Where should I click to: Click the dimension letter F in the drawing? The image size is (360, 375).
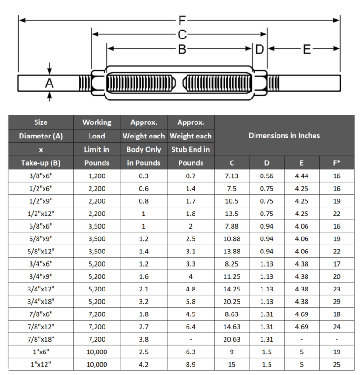click(182, 20)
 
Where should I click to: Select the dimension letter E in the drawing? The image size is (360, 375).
click(307, 49)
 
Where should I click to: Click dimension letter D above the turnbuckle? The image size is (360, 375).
click(260, 49)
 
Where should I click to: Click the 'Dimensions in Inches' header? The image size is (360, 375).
click(284, 136)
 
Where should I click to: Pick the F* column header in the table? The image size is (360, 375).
click(336, 163)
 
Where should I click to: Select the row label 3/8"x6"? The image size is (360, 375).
click(41, 176)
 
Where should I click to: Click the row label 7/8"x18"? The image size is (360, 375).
click(41, 338)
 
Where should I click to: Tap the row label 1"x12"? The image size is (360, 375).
click(41, 365)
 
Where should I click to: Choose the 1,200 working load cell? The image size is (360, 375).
click(97, 176)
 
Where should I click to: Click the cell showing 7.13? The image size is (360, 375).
click(232, 176)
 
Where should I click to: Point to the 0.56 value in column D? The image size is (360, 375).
click(267, 176)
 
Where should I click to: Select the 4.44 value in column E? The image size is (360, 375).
click(302, 176)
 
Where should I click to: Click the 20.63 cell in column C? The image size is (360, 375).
click(232, 338)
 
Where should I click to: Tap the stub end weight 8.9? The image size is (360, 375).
click(190, 365)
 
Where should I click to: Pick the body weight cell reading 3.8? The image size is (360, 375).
click(143, 338)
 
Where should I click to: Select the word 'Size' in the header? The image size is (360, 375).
click(41, 122)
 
